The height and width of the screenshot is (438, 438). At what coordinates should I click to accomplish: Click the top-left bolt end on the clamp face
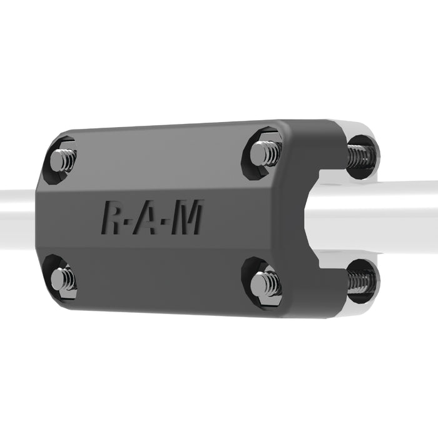click(63, 161)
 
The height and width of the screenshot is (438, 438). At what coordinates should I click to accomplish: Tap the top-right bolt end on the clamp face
click(265, 154)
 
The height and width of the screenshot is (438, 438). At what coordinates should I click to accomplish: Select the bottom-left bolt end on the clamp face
click(63, 280)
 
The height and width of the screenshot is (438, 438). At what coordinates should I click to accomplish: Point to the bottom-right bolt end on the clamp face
click(266, 284)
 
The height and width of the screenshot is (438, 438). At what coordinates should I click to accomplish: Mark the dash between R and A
click(128, 223)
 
